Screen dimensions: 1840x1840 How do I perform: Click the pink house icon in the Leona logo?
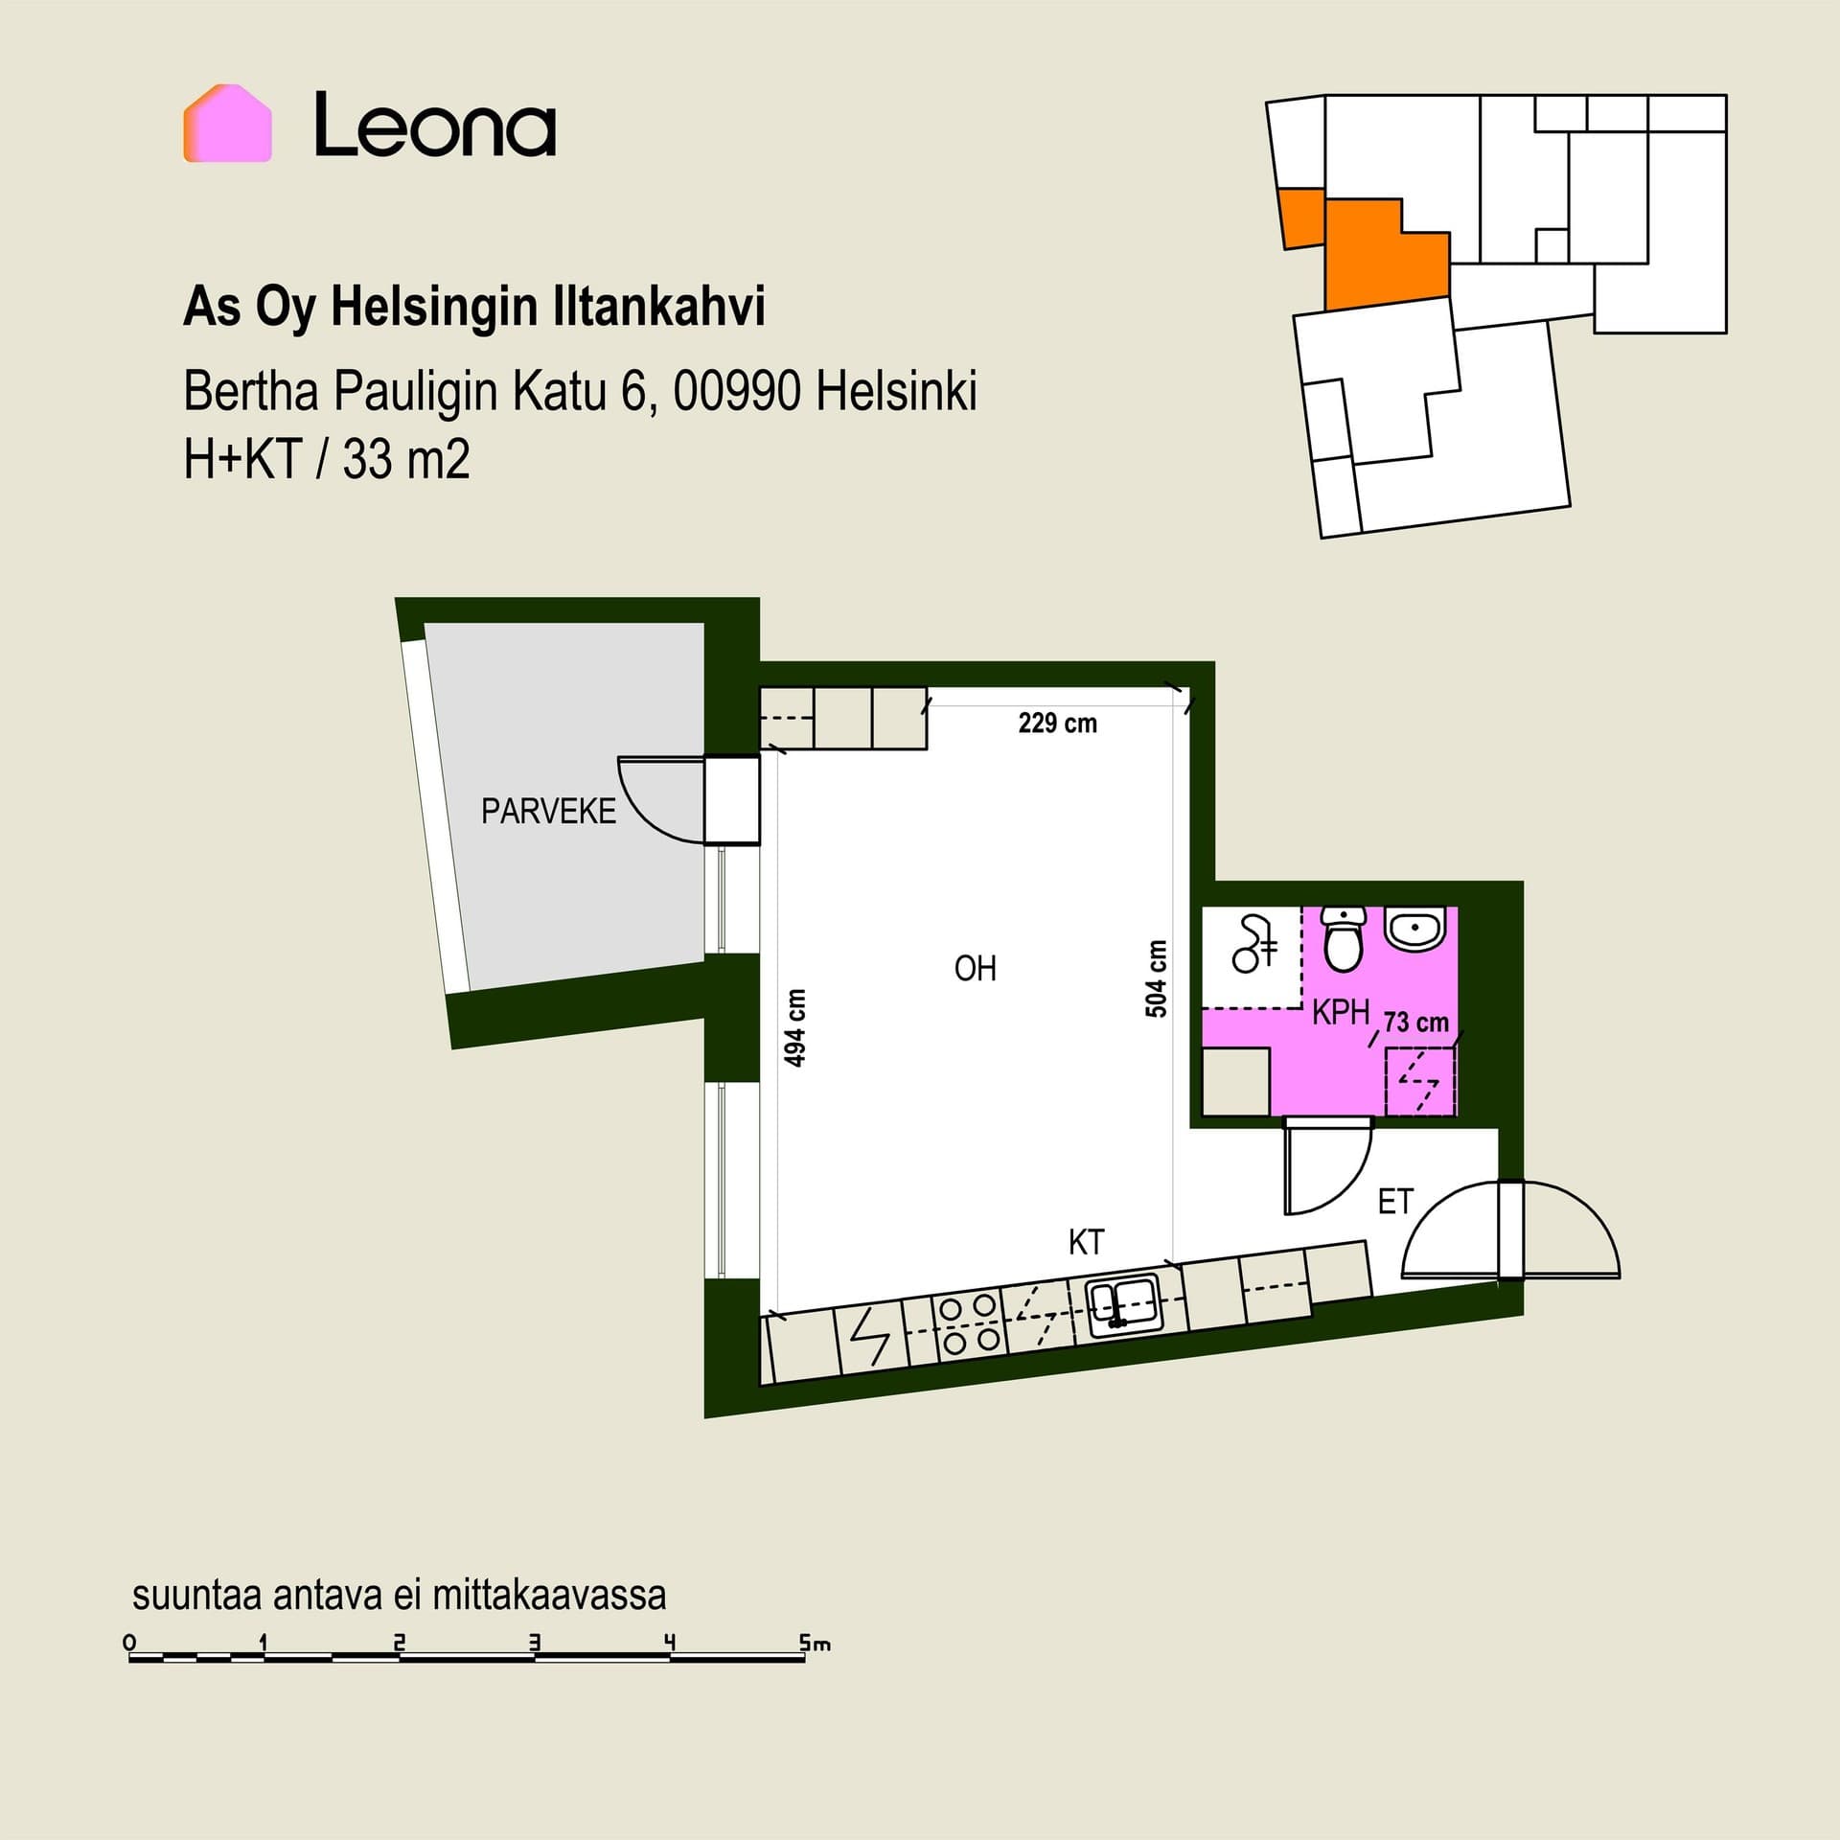click(x=227, y=123)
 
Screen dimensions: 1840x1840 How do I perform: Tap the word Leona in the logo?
click(x=435, y=124)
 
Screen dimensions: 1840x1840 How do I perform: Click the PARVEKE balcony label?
click(x=548, y=812)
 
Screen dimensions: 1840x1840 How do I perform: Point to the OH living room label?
click(x=976, y=969)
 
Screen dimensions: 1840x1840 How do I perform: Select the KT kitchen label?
click(x=1086, y=1243)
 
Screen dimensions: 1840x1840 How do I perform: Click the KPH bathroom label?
click(x=1341, y=1012)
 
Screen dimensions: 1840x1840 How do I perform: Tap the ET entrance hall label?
click(x=1395, y=1202)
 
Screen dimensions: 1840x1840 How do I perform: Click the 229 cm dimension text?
click(x=1057, y=723)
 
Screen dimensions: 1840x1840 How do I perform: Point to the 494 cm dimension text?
click(x=795, y=1028)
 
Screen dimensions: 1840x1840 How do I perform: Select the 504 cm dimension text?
click(x=1157, y=978)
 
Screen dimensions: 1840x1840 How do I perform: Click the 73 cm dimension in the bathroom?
click(x=1416, y=1023)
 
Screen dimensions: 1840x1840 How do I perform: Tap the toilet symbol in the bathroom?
click(x=1344, y=939)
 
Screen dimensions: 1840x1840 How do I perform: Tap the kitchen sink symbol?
click(x=1125, y=1304)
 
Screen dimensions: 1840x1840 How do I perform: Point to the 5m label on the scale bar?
click(x=816, y=1644)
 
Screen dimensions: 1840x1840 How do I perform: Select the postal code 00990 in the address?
click(x=737, y=391)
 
